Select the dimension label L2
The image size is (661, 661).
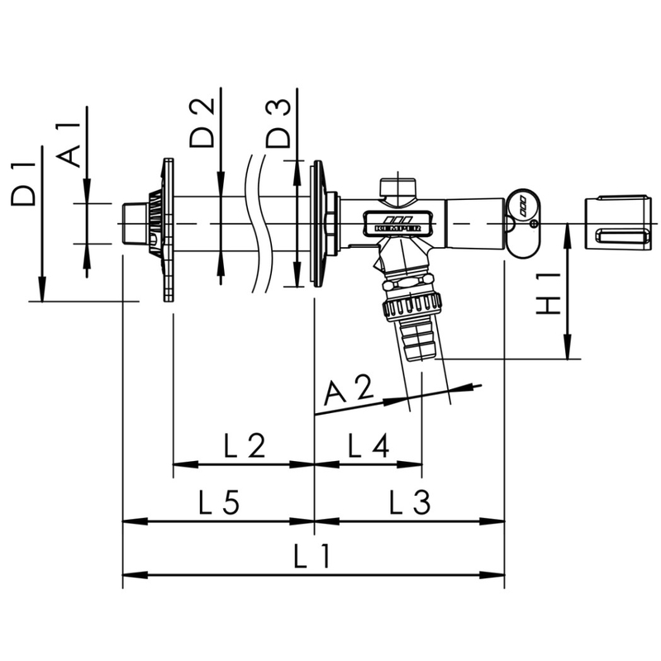[245, 447]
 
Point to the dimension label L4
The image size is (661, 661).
[368, 447]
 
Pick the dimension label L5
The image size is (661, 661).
[219, 502]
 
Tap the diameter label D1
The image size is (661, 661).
[25, 183]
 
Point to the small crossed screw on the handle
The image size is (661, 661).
[534, 223]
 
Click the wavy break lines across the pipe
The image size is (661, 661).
[256, 223]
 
